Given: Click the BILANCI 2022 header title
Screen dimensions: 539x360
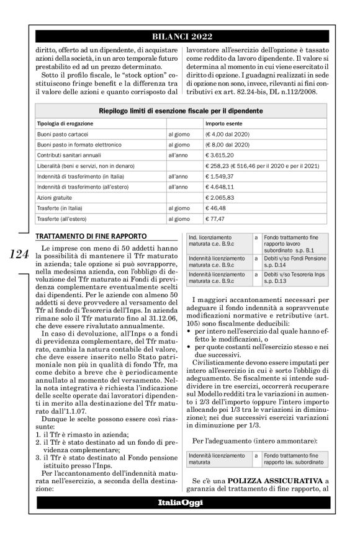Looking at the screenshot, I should coord(180,37).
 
